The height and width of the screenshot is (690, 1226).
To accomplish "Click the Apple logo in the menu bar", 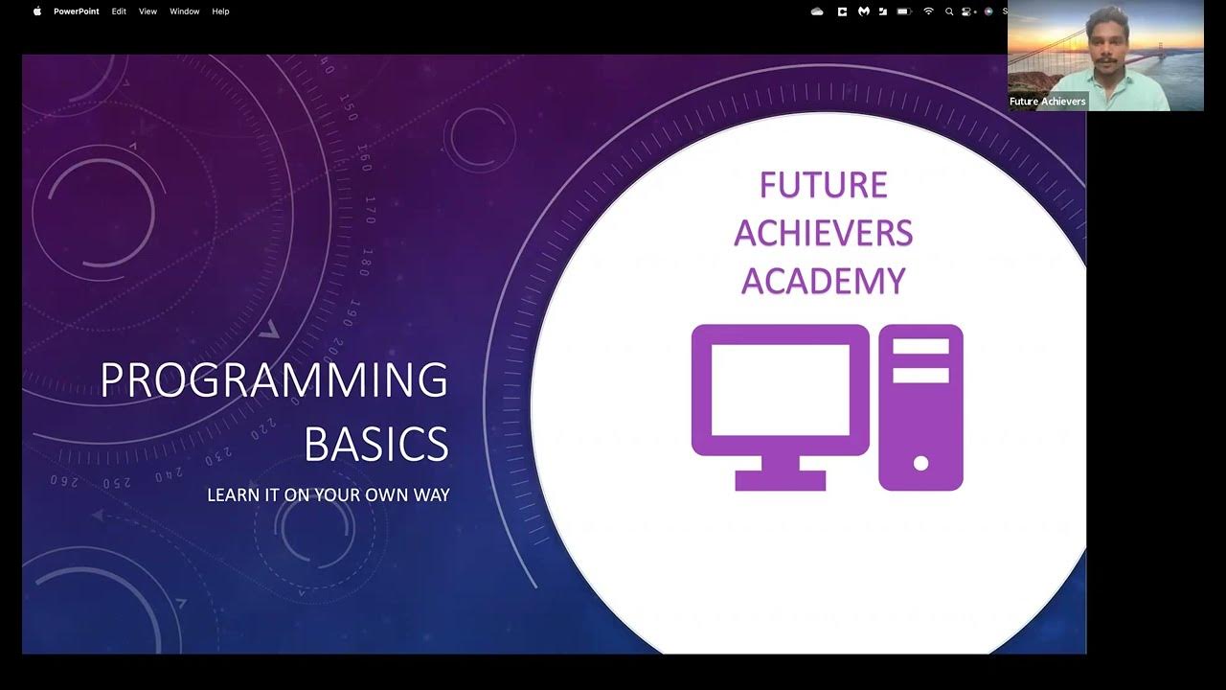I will point(37,11).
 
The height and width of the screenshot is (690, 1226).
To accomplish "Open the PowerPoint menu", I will point(76,11).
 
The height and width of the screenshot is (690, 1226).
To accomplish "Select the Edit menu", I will point(119,11).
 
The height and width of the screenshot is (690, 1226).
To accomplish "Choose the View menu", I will point(148,11).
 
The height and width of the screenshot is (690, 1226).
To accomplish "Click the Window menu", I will point(184,11).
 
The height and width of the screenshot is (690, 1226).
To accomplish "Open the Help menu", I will point(220,11).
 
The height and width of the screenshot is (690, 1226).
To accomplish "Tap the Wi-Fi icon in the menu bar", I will point(928,11).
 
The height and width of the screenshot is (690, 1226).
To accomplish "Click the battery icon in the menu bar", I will point(903,11).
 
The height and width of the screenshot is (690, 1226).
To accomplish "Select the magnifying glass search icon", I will point(949,11).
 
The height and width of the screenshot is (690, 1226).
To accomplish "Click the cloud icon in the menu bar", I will point(817,11).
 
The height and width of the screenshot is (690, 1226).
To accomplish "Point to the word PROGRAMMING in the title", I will point(274,381).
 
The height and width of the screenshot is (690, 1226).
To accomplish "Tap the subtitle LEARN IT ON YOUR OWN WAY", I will point(329,495).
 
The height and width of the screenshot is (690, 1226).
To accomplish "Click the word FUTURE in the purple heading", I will point(824,185).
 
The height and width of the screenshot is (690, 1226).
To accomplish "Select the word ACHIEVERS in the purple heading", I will point(824,234).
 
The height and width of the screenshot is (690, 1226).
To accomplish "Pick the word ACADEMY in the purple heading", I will point(824,282).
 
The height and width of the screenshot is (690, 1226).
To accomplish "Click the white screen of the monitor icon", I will point(780,389).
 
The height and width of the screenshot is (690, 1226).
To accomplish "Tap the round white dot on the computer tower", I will point(921,464).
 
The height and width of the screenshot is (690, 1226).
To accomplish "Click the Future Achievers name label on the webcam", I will point(1047,102).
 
